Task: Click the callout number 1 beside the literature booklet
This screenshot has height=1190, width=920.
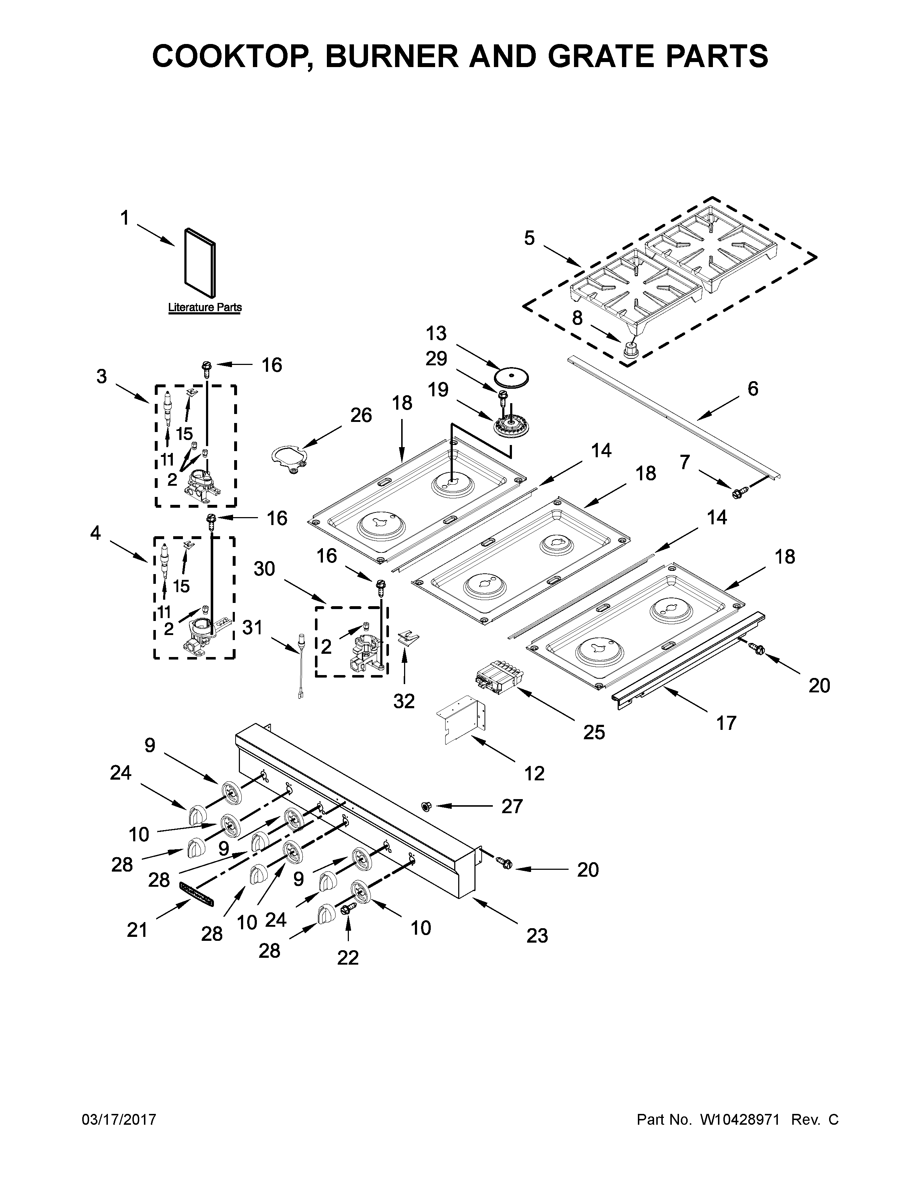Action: click(x=125, y=219)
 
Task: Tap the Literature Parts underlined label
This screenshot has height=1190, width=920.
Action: click(x=204, y=307)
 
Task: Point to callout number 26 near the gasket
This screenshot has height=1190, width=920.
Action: click(x=361, y=415)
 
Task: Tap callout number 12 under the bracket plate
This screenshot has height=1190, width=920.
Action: click(x=534, y=773)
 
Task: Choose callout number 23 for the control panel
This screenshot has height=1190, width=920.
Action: click(x=537, y=935)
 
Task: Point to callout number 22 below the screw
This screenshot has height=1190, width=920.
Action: click(x=348, y=957)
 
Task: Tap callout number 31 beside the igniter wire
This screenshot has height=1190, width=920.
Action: click(x=252, y=628)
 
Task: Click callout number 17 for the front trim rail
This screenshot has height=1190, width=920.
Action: click(x=726, y=723)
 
